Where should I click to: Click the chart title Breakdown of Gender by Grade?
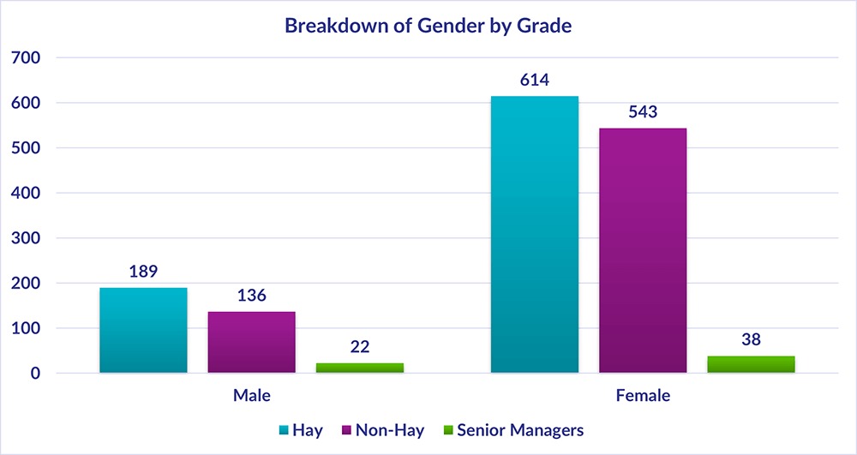428,26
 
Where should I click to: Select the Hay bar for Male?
143,330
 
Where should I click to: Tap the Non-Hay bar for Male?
252,342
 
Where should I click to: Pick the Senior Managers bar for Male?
360,368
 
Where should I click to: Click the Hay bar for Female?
534,235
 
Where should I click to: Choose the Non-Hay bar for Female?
643,250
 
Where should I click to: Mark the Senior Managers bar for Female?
752,364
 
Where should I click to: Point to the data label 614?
534,81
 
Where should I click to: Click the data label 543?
643,112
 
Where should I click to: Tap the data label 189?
143,272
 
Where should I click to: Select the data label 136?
252,296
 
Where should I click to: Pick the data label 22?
360,347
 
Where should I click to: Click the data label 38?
752,340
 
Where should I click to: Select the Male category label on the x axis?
252,397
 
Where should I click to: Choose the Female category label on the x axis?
643,397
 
